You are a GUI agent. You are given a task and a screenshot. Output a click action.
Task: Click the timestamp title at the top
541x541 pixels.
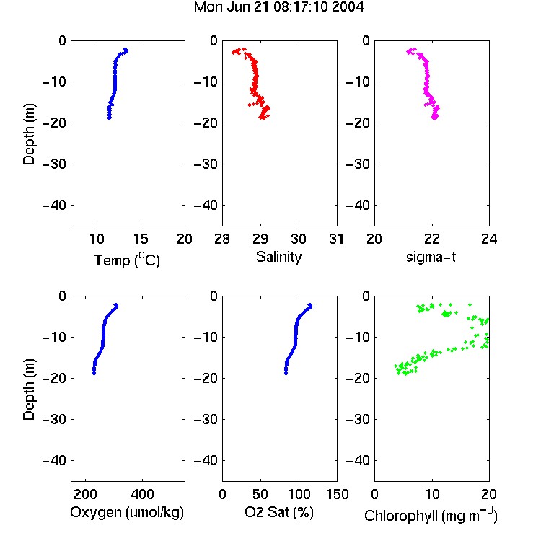click(278, 6)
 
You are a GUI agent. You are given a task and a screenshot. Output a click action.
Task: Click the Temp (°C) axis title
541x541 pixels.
click(127, 260)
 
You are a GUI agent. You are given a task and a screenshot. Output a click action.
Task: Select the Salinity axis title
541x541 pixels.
click(278, 257)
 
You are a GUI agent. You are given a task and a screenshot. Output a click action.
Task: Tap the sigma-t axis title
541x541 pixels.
click(431, 257)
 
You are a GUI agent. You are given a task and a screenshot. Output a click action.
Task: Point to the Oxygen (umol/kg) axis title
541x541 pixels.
click(127, 512)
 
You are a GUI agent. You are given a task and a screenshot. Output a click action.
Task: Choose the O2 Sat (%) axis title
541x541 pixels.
click(279, 512)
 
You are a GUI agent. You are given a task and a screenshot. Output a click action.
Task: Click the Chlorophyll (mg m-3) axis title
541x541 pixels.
click(431, 515)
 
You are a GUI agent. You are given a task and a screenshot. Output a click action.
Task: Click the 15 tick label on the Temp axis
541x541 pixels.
click(141, 239)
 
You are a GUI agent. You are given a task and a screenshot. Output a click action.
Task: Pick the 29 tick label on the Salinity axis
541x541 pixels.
click(260, 239)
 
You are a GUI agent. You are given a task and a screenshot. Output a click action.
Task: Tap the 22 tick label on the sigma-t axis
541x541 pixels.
click(431, 239)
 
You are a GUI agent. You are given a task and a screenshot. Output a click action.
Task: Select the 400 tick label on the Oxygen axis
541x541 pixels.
click(142, 494)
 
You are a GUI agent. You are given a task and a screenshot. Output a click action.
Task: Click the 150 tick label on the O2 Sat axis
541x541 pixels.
click(337, 494)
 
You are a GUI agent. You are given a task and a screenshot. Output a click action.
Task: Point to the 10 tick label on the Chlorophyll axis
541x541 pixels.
click(431, 494)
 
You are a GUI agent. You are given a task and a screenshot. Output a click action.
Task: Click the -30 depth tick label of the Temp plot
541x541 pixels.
click(54, 164)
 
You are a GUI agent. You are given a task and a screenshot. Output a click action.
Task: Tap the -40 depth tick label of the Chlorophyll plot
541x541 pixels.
click(358, 461)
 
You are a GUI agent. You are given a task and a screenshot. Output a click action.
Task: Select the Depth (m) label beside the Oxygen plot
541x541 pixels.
click(29, 390)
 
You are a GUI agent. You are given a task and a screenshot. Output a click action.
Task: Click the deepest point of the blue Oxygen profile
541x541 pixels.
click(94, 374)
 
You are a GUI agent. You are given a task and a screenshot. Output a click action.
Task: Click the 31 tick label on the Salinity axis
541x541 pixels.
click(336, 239)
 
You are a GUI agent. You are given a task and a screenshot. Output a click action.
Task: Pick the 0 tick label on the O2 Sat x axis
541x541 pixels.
click(223, 494)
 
